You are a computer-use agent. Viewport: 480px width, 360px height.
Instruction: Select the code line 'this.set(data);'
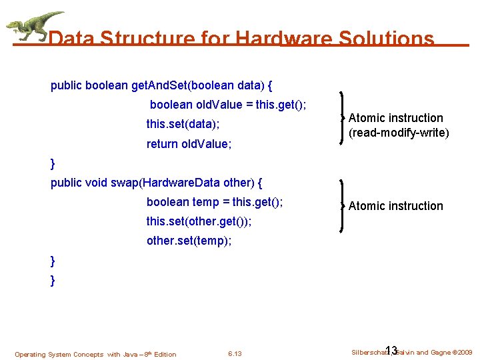point(183,124)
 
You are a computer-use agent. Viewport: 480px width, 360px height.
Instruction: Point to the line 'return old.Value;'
point(189,143)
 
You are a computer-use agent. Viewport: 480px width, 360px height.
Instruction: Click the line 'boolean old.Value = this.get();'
point(228,105)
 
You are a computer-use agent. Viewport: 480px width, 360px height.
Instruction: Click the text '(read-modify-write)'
point(399,133)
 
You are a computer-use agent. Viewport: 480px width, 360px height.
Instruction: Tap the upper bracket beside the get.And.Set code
point(343,117)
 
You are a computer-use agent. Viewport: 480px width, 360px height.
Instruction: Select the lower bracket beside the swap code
point(343,205)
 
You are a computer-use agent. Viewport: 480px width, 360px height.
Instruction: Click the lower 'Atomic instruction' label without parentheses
point(395,206)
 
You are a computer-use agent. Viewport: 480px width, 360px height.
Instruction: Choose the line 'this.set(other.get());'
point(199,221)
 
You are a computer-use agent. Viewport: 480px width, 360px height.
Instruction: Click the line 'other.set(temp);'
point(189,241)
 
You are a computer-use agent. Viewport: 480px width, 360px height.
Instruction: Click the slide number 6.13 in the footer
point(235,354)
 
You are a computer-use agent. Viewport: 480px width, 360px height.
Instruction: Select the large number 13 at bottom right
point(391,351)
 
